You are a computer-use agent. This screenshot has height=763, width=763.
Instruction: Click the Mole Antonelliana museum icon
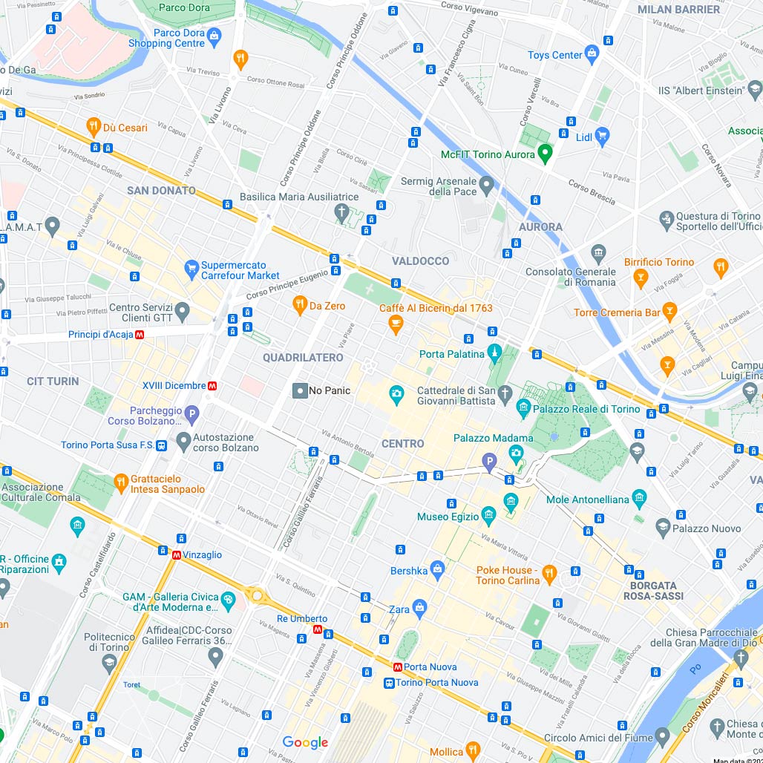pos(639,499)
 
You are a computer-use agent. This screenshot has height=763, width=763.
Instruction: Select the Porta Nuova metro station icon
pos(399,667)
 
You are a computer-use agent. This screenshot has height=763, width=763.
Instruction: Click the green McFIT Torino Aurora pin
pos(546,153)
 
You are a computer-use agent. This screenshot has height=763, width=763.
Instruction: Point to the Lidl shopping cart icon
pos(602,136)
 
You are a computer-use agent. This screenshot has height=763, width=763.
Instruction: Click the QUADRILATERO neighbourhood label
pos(303,358)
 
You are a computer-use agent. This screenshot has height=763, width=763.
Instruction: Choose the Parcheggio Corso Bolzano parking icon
pos(191,415)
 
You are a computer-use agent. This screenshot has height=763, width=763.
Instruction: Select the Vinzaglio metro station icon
pos(177,554)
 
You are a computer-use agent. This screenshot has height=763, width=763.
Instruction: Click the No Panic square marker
pos(300,390)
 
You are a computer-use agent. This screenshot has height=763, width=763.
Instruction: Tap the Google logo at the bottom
pos(305,742)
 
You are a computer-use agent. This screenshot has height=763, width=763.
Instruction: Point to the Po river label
pos(695,669)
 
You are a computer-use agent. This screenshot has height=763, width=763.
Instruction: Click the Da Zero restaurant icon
pos(300,305)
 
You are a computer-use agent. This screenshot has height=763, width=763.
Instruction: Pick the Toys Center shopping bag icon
pos(592,54)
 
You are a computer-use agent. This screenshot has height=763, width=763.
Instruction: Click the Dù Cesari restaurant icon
pos(94,127)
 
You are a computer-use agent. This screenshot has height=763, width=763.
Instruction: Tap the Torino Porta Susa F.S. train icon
pos(163,445)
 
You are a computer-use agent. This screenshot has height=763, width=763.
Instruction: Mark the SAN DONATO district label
pos(161,191)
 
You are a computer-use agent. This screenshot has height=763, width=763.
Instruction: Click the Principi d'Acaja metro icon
pos(140,335)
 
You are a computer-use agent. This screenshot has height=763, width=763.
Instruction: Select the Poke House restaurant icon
pos(549,573)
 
